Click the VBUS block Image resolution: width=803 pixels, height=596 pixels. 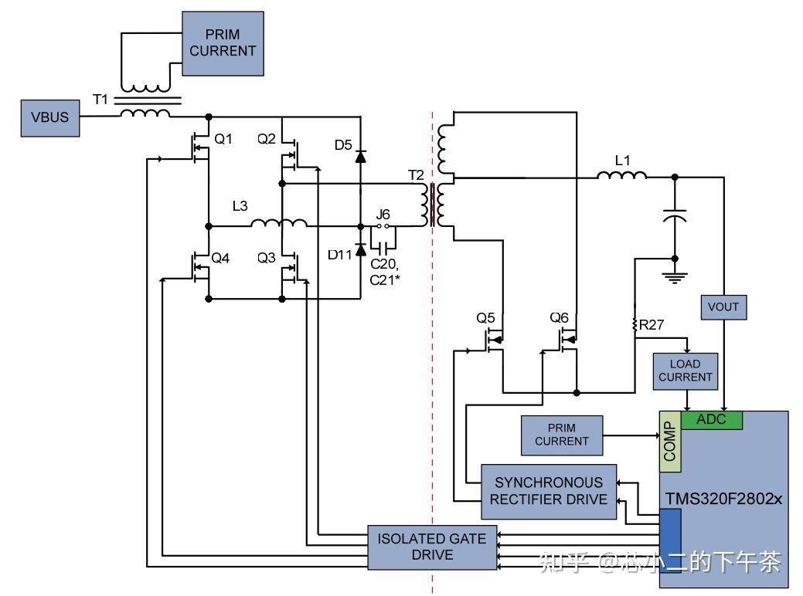tap(50, 118)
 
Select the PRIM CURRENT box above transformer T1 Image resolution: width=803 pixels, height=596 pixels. tap(223, 43)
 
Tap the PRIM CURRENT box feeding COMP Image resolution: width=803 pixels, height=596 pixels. tap(562, 435)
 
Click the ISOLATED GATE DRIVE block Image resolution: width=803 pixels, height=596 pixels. tap(432, 547)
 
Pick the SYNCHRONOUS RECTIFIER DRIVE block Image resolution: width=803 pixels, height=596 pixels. tap(549, 491)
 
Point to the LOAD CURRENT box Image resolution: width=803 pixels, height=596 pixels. tap(686, 371)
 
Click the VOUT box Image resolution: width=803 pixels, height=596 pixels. tap(723, 306)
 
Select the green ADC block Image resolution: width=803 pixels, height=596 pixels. tap(712, 420)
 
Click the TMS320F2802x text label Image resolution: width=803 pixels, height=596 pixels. tap(723, 499)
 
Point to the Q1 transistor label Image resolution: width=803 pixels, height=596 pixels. tap(223, 139)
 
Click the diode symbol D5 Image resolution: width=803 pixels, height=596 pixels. tap(360, 156)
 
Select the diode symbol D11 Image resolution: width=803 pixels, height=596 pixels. tap(360, 251)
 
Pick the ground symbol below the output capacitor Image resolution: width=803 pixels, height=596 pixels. tap(676, 276)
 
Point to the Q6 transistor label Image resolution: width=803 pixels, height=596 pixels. tap(560, 317)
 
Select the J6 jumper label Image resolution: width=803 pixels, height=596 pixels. tap(383, 214)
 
